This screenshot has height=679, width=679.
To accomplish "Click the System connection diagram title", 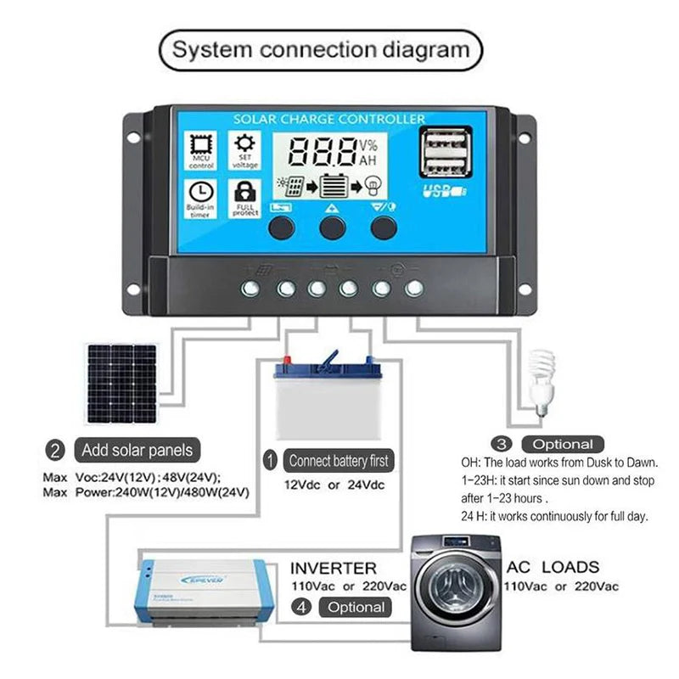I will pos(320,48).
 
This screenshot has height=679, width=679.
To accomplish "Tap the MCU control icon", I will pos(201,145).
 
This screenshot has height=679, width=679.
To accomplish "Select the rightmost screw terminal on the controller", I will pos(414,289).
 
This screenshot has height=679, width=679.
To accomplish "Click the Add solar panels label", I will pos(137,449).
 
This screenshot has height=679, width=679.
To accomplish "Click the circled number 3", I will pos(502,444).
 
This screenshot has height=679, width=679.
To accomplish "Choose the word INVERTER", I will pos(333,567).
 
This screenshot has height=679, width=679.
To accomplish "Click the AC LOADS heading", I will pos(553,567).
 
